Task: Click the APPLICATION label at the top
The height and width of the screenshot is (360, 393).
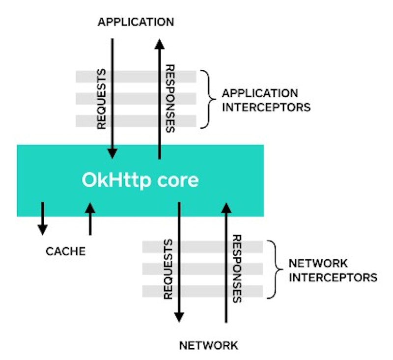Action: click(136, 22)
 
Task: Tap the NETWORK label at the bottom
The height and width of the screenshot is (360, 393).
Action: click(208, 345)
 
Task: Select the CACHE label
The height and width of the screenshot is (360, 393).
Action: click(66, 251)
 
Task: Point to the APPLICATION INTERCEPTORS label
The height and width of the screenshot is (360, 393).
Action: click(266, 100)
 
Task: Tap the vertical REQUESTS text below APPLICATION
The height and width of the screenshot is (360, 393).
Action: click(102, 99)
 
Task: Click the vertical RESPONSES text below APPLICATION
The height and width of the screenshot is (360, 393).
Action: click(170, 99)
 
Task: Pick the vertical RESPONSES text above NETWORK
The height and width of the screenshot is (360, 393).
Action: click(237, 269)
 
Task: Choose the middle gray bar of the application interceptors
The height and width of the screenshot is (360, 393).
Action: click(136, 99)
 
